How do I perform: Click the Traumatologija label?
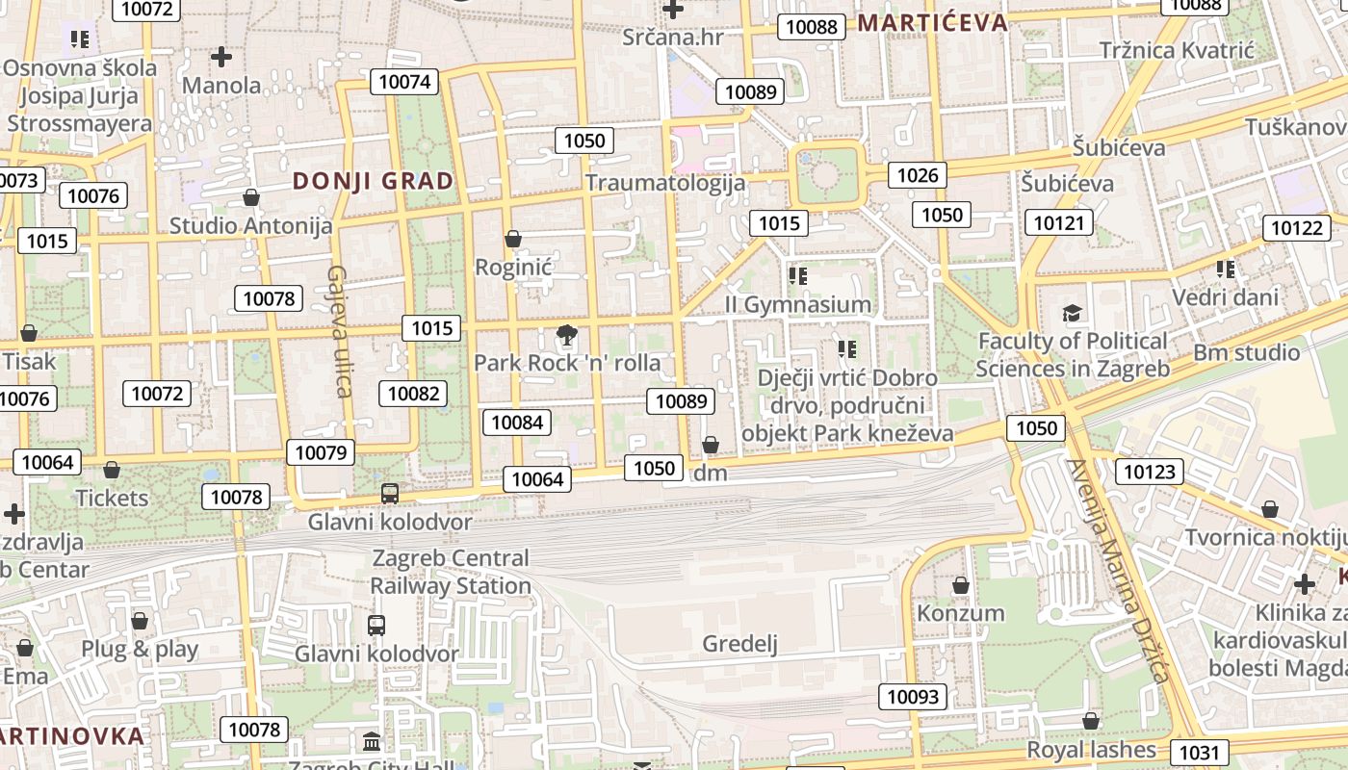[665, 183]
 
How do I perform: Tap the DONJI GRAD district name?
[373, 181]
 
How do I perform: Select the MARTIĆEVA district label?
[932, 22]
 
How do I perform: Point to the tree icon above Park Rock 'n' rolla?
[567, 335]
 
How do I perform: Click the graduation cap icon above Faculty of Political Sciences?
[1072, 313]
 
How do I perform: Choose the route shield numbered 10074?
[404, 82]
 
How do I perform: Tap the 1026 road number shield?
[917, 175]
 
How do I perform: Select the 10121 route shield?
[1059, 223]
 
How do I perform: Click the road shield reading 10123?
[1150, 472]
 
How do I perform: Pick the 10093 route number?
[912, 697]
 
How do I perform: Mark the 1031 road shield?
[1200, 753]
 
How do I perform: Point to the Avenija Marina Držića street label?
[1117, 570]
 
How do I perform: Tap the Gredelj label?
[739, 644]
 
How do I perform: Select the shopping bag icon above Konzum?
[960, 585]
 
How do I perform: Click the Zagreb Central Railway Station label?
[451, 572]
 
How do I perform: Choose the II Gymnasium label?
[798, 304]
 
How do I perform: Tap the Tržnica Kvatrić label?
[1177, 50]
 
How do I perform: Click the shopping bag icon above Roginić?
[513, 239]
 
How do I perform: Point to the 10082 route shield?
[414, 393]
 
